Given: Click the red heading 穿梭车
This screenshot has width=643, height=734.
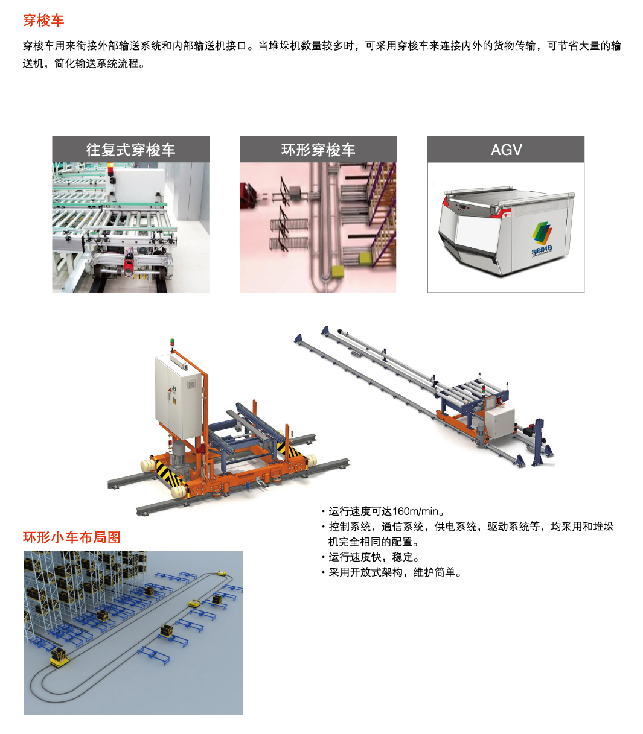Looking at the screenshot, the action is (43, 21).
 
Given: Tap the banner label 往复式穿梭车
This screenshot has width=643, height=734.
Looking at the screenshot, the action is (130, 150).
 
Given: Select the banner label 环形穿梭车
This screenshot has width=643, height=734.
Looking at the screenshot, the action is (318, 150).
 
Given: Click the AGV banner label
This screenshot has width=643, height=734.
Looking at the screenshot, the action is (506, 150).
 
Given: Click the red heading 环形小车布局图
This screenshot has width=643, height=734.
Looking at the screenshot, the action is (72, 537).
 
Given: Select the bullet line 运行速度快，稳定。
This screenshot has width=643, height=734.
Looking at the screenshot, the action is (374, 557).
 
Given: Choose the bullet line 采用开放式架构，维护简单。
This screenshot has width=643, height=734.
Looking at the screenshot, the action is (395, 572).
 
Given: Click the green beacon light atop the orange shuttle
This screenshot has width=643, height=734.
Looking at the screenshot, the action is (172, 340).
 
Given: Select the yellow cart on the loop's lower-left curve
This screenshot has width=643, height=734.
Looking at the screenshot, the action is (59, 658).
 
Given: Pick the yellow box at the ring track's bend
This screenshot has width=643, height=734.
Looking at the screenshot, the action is (338, 271).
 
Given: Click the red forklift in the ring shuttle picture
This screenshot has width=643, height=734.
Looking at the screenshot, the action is (248, 195).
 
